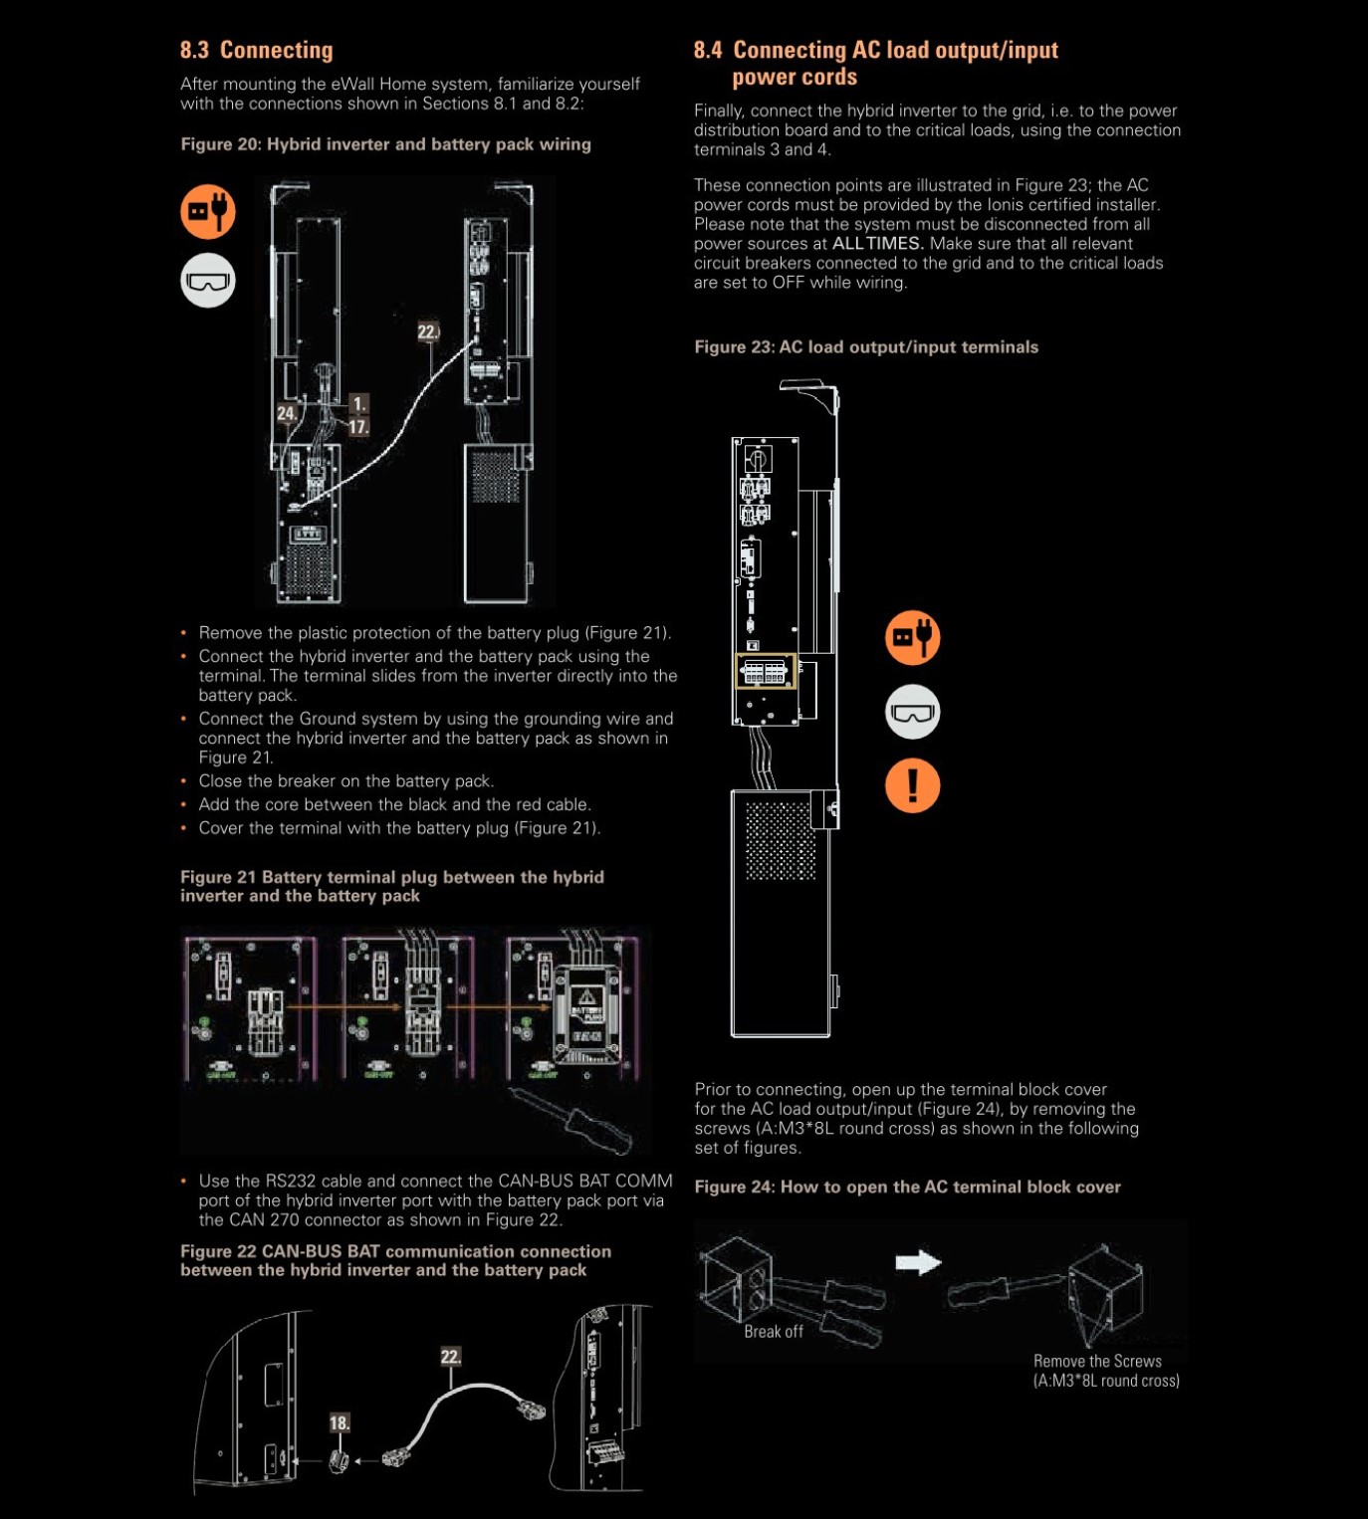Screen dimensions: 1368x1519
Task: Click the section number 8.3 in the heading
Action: click(195, 50)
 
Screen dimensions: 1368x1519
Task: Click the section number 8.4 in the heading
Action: click(708, 50)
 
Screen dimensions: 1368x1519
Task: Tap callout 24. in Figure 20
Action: click(287, 413)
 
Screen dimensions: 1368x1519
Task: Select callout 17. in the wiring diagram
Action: click(359, 427)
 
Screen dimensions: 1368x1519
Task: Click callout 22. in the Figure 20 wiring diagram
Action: click(428, 331)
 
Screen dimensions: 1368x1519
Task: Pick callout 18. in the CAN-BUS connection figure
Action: click(341, 1423)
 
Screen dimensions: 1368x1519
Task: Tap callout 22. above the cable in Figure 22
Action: click(451, 1356)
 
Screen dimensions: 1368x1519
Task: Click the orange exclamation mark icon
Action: click(913, 786)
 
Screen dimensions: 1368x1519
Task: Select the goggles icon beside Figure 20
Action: click(208, 281)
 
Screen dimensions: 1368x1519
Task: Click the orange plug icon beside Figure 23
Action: click(913, 638)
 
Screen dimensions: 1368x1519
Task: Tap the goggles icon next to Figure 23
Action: click(913, 712)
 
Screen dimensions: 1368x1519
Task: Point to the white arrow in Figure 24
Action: click(918, 1262)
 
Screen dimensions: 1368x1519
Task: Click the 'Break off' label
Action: click(774, 1332)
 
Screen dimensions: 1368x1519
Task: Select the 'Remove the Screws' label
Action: click(1097, 1361)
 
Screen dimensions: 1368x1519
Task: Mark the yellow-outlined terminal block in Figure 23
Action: click(766, 671)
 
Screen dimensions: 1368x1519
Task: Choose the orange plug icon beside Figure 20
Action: click(208, 211)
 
